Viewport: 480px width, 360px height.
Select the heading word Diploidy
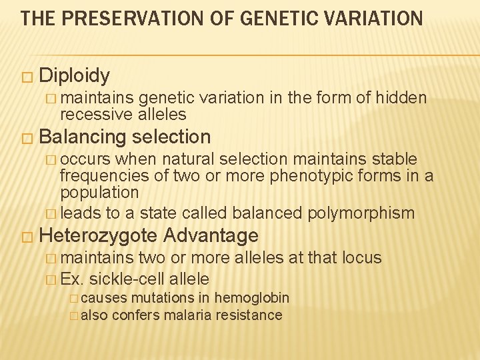coord(74,75)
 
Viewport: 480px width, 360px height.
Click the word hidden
coord(401,98)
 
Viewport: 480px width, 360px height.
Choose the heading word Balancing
coord(83,137)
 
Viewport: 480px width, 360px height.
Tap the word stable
coord(393,159)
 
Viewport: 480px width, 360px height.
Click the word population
coord(99,192)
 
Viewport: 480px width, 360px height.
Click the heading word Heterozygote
coord(98,235)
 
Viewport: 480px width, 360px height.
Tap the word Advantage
coord(210,235)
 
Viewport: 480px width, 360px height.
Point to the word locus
coord(362,257)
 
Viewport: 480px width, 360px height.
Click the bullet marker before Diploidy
coord(26,76)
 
